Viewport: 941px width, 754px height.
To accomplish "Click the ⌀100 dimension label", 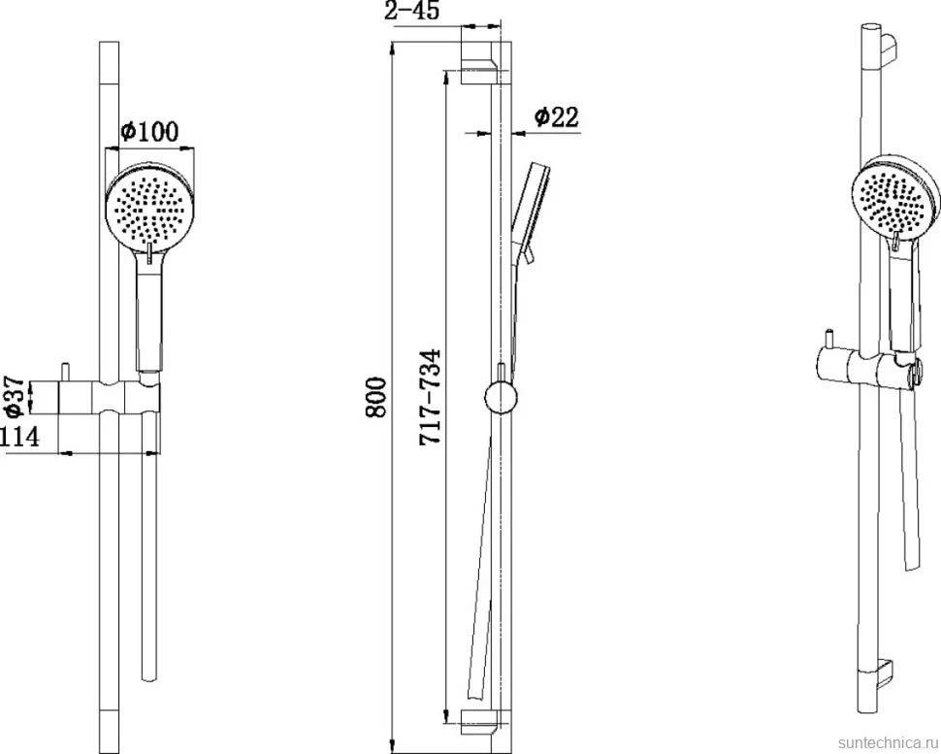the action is tap(148, 131).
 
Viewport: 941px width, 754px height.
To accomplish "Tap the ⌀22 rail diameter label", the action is tap(556, 116).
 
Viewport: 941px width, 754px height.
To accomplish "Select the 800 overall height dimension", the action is tap(376, 398).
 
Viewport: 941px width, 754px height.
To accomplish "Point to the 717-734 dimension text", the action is tap(430, 397).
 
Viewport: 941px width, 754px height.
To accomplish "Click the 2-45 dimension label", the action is tap(411, 11).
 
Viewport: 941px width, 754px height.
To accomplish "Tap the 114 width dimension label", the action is tap(19, 437).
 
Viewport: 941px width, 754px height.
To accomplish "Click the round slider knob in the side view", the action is tap(501, 398).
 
